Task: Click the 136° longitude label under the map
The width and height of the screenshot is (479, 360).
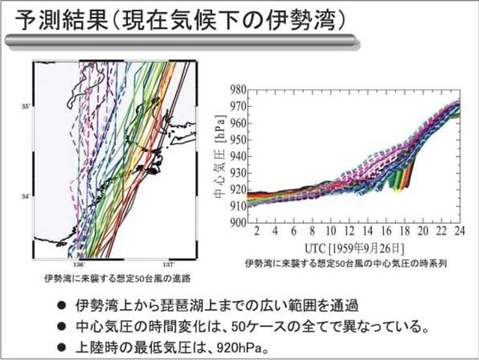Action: pos(79,264)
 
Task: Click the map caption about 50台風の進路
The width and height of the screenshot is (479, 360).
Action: pos(118,278)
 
